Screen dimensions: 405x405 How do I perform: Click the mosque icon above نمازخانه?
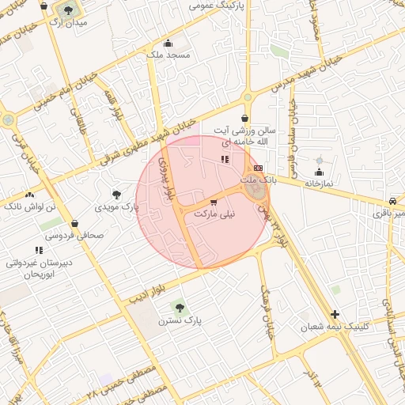[x=320, y=172]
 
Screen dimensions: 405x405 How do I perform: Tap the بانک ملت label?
[x=259, y=180]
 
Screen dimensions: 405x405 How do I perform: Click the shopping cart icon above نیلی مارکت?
[x=214, y=202]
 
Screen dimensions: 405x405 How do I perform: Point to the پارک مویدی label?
[x=117, y=206]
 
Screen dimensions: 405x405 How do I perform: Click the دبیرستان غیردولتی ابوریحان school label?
[x=40, y=267]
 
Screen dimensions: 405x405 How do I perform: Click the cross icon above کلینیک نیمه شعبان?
[x=335, y=314]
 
